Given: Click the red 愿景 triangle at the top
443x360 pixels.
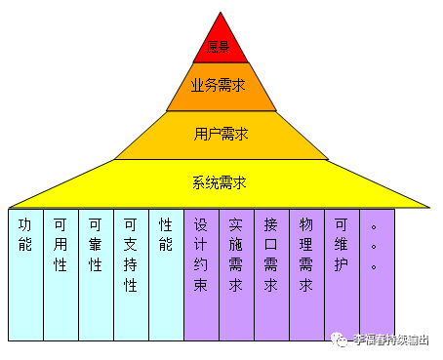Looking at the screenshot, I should [x=221, y=43].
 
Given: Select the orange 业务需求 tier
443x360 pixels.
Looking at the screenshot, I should [x=221, y=86].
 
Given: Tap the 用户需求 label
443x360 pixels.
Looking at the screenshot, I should [x=221, y=134].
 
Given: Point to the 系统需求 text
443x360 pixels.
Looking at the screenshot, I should [x=221, y=182].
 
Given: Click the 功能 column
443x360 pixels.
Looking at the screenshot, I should [x=25, y=273].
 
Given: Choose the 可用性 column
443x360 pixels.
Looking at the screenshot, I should [x=60, y=273].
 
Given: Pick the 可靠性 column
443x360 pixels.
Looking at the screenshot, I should [x=96, y=273].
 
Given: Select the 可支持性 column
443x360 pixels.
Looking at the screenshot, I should [x=131, y=273].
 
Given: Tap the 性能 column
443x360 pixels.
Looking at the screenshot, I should [x=166, y=273].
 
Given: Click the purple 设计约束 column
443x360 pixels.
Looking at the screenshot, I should [x=201, y=273].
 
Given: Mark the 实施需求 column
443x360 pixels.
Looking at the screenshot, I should [x=236, y=273].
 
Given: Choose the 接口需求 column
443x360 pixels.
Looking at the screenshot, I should [x=271, y=273].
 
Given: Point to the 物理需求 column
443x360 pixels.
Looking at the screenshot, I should [x=306, y=273].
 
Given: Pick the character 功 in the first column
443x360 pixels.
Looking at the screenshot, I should [x=25, y=222].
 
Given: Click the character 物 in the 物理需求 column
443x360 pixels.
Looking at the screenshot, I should [x=306, y=222].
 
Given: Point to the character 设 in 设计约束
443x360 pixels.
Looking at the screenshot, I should [x=201, y=222].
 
